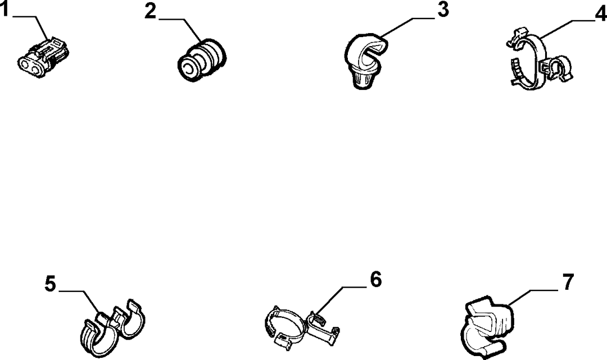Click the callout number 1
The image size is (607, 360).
(4, 9)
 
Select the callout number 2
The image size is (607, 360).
(151, 11)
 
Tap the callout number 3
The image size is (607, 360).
(443, 10)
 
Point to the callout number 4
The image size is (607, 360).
(600, 14)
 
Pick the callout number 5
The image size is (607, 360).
(51, 284)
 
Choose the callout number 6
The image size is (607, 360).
(375, 280)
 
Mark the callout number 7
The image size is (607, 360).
(567, 282)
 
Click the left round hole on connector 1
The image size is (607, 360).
(25, 63)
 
